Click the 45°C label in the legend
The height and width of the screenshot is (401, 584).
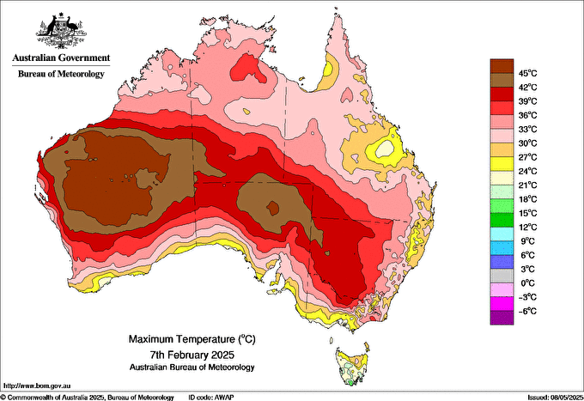point(526,72)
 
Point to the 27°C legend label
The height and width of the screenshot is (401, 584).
point(526,156)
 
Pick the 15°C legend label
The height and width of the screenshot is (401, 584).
point(526,213)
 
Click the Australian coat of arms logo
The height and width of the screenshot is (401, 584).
point(60,31)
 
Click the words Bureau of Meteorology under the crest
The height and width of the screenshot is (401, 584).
point(61,75)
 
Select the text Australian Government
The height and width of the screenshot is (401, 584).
point(60,58)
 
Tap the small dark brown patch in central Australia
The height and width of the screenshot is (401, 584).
point(273,207)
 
